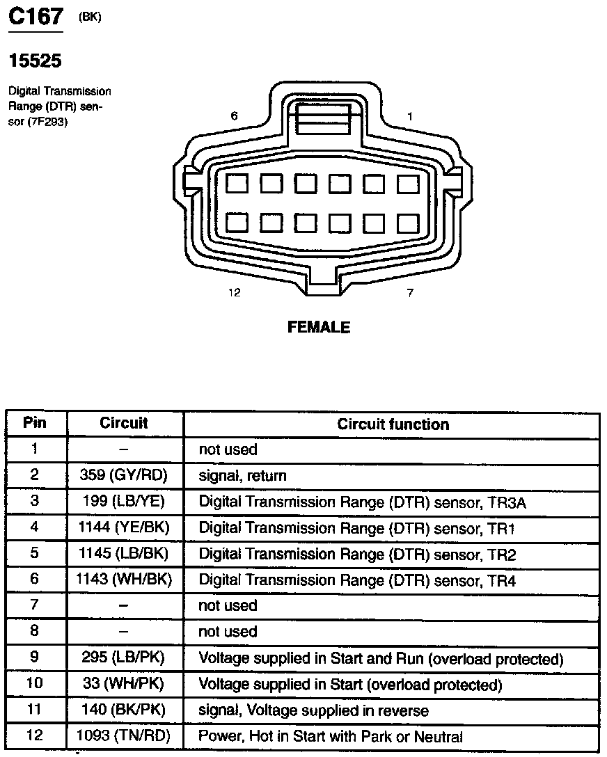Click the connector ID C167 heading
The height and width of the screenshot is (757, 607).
[x=35, y=17]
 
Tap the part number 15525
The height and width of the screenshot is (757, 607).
[x=35, y=61]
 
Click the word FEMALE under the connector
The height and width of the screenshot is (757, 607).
[x=319, y=327]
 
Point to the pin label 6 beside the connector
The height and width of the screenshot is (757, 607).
[x=235, y=116]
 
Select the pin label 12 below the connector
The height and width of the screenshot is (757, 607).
[x=235, y=293]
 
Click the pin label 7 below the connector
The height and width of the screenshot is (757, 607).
[x=410, y=293]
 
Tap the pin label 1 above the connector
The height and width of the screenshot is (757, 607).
[x=410, y=116]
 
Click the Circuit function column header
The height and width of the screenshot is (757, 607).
[x=393, y=424]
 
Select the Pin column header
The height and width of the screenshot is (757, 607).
[x=35, y=422]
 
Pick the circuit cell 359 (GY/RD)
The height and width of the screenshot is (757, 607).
[x=125, y=476]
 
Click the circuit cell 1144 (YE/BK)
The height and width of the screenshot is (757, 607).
[x=125, y=528]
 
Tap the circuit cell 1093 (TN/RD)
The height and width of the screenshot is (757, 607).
[x=125, y=736]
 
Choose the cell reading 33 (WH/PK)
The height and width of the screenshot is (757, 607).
[x=125, y=684]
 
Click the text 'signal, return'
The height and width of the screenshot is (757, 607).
[x=242, y=476]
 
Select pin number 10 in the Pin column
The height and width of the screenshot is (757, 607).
[x=35, y=683]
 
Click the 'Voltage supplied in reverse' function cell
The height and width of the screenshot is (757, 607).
[x=313, y=710]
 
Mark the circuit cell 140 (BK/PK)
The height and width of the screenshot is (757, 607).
[x=125, y=710]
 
